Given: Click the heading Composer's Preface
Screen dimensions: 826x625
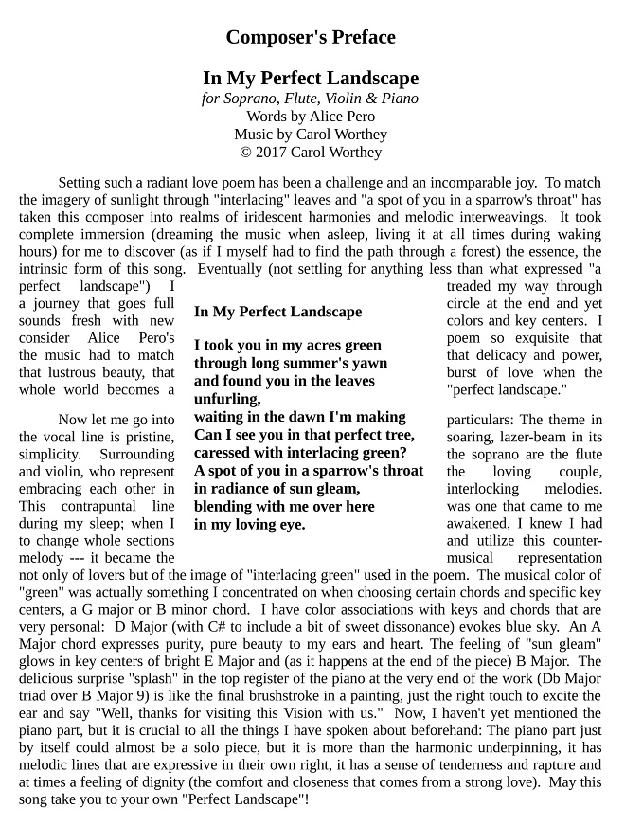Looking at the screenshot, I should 311,38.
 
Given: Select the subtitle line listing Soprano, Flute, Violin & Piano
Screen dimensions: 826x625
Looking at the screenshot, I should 311,99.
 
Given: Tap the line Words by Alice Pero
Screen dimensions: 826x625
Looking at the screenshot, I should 311,117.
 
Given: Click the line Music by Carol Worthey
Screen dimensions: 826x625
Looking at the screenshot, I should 311,135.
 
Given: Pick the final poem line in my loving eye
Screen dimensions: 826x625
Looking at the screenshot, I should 250,524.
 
